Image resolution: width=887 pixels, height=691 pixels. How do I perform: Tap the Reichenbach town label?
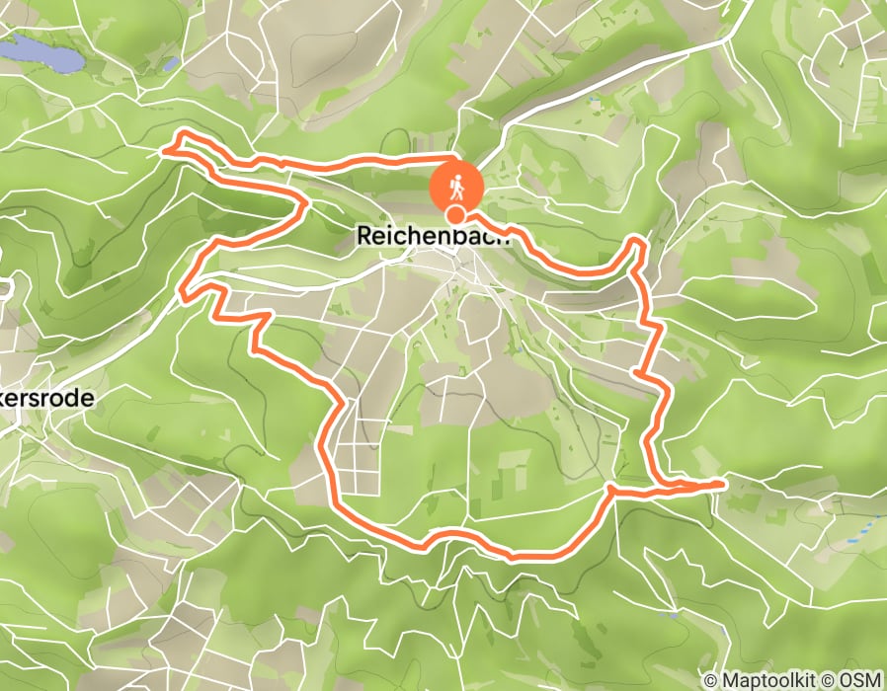[x=433, y=236]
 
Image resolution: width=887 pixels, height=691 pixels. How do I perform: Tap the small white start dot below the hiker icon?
[x=456, y=214]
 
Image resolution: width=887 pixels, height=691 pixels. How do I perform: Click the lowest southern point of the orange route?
[x=514, y=558]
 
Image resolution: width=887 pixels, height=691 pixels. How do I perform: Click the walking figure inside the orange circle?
[x=456, y=185]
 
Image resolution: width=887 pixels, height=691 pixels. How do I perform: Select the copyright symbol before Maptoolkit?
[x=711, y=680]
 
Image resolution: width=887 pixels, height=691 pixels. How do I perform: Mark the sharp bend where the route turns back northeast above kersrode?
[x=183, y=290]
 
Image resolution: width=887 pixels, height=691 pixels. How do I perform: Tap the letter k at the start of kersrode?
[x=6, y=398]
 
